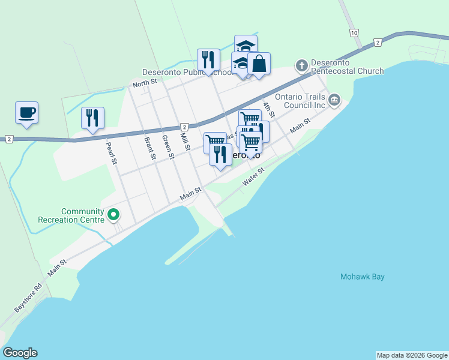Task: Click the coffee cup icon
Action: click(26, 112)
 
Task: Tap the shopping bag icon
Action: click(259, 64)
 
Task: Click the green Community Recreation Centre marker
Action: click(113, 214)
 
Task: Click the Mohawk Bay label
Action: click(362, 277)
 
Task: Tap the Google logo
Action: click(20, 353)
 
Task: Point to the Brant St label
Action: click(149, 147)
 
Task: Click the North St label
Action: click(145, 83)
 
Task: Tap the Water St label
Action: click(253, 177)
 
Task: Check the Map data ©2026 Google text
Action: click(412, 355)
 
